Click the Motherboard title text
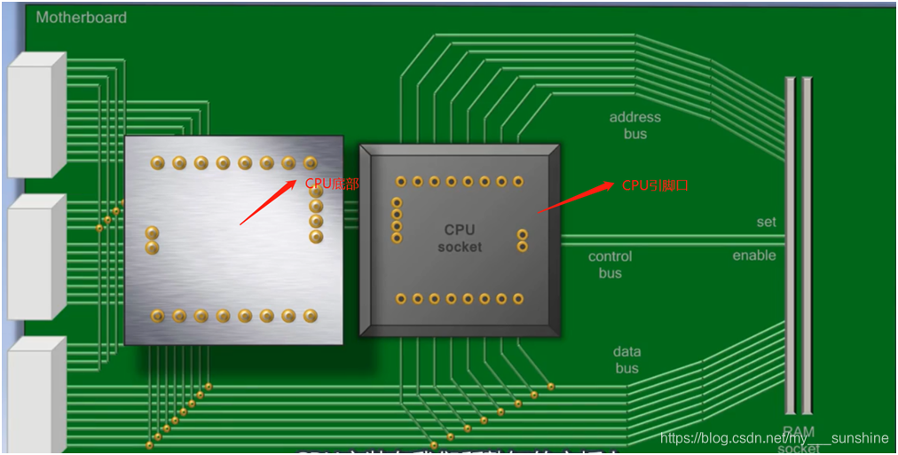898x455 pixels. (82, 17)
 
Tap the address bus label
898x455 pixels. (634, 125)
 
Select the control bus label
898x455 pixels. (610, 264)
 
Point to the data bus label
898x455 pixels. (626, 360)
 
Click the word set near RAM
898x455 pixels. (766, 222)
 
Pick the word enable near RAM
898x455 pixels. (753, 255)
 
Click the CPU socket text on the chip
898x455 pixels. (460, 239)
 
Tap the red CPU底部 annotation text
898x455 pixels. (332, 184)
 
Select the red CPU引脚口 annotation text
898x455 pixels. (655, 185)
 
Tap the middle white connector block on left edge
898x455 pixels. (36, 257)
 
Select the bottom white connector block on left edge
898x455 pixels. (36, 395)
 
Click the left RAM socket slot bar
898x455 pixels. (790, 245)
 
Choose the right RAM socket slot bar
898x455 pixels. (807, 245)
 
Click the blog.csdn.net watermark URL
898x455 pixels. (774, 437)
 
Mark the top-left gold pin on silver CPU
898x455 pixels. (158, 162)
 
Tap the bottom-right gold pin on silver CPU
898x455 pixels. (311, 315)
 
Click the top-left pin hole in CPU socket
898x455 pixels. (401, 181)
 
